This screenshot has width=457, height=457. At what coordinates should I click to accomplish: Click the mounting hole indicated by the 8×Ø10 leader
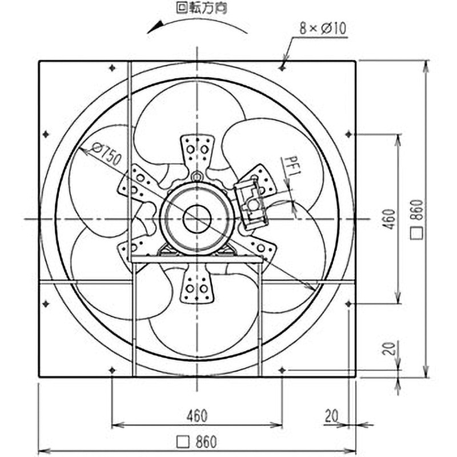pyautogui.click(x=282, y=67)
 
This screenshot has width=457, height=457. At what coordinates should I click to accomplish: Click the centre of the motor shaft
pyautogui.click(x=197, y=219)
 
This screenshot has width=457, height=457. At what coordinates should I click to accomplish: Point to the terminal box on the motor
pyautogui.click(x=252, y=203)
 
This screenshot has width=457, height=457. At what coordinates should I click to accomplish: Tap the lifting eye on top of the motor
pyautogui.click(x=197, y=176)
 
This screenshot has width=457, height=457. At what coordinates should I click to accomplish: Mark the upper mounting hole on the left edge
pyautogui.click(x=45, y=134)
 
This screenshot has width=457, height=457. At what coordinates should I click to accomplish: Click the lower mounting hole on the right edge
pyautogui.click(x=348, y=303)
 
